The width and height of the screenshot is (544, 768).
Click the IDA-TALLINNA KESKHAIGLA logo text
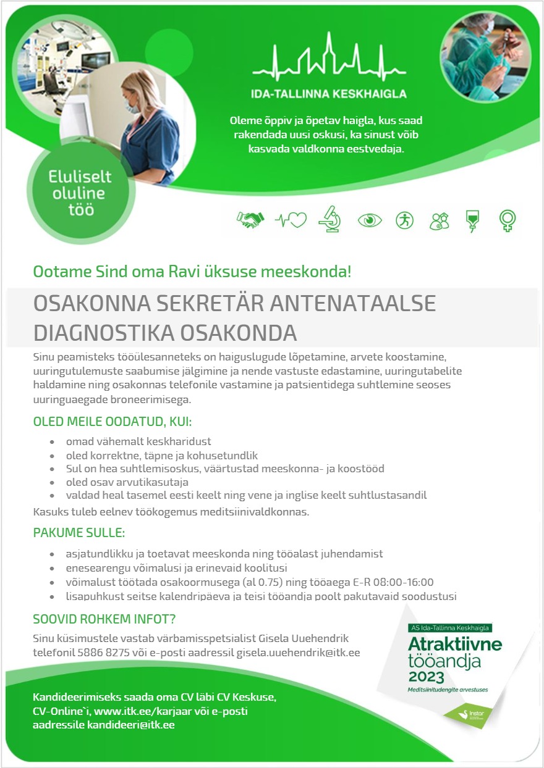(328, 94)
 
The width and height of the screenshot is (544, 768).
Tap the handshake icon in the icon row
(250, 220)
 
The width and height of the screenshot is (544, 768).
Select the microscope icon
(329, 220)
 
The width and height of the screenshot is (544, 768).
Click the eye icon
(370, 220)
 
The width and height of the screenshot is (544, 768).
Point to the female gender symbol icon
(508, 220)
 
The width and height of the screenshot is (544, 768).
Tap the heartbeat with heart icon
(291, 220)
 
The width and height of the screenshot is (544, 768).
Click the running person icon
(404, 220)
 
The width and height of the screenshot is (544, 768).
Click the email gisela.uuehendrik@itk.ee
(299, 652)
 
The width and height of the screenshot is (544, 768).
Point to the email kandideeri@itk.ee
(130, 724)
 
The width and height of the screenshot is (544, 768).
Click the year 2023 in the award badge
(427, 677)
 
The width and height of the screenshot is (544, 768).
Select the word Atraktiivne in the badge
(455, 643)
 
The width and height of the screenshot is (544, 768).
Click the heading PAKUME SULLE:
(79, 532)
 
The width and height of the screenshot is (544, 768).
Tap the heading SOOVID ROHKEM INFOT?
(104, 619)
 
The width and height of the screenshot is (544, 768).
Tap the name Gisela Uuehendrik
(299, 638)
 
